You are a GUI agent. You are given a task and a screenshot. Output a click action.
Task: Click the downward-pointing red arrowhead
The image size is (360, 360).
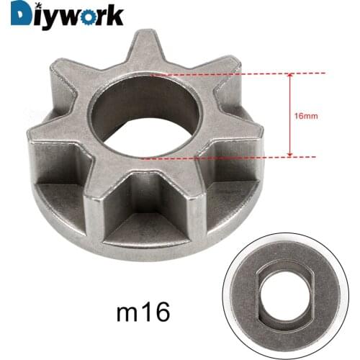point(290,153)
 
